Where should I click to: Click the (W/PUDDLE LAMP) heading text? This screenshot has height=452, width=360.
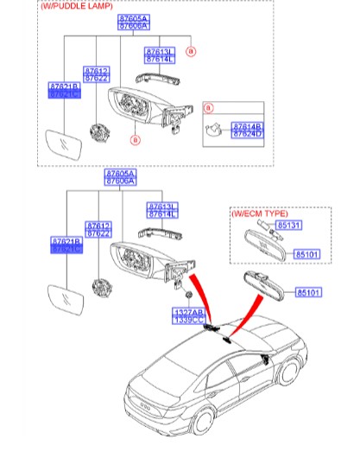click(x=77, y=6)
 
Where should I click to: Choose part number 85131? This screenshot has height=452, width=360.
click(x=288, y=226)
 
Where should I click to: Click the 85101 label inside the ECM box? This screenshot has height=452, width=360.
click(x=308, y=254)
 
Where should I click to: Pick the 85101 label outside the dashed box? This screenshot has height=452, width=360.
click(x=307, y=293)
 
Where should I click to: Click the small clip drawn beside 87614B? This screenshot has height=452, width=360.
click(x=216, y=130)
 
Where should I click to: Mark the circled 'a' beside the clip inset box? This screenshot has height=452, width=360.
click(x=207, y=107)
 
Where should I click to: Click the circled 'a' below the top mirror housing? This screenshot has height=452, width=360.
click(x=135, y=138)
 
